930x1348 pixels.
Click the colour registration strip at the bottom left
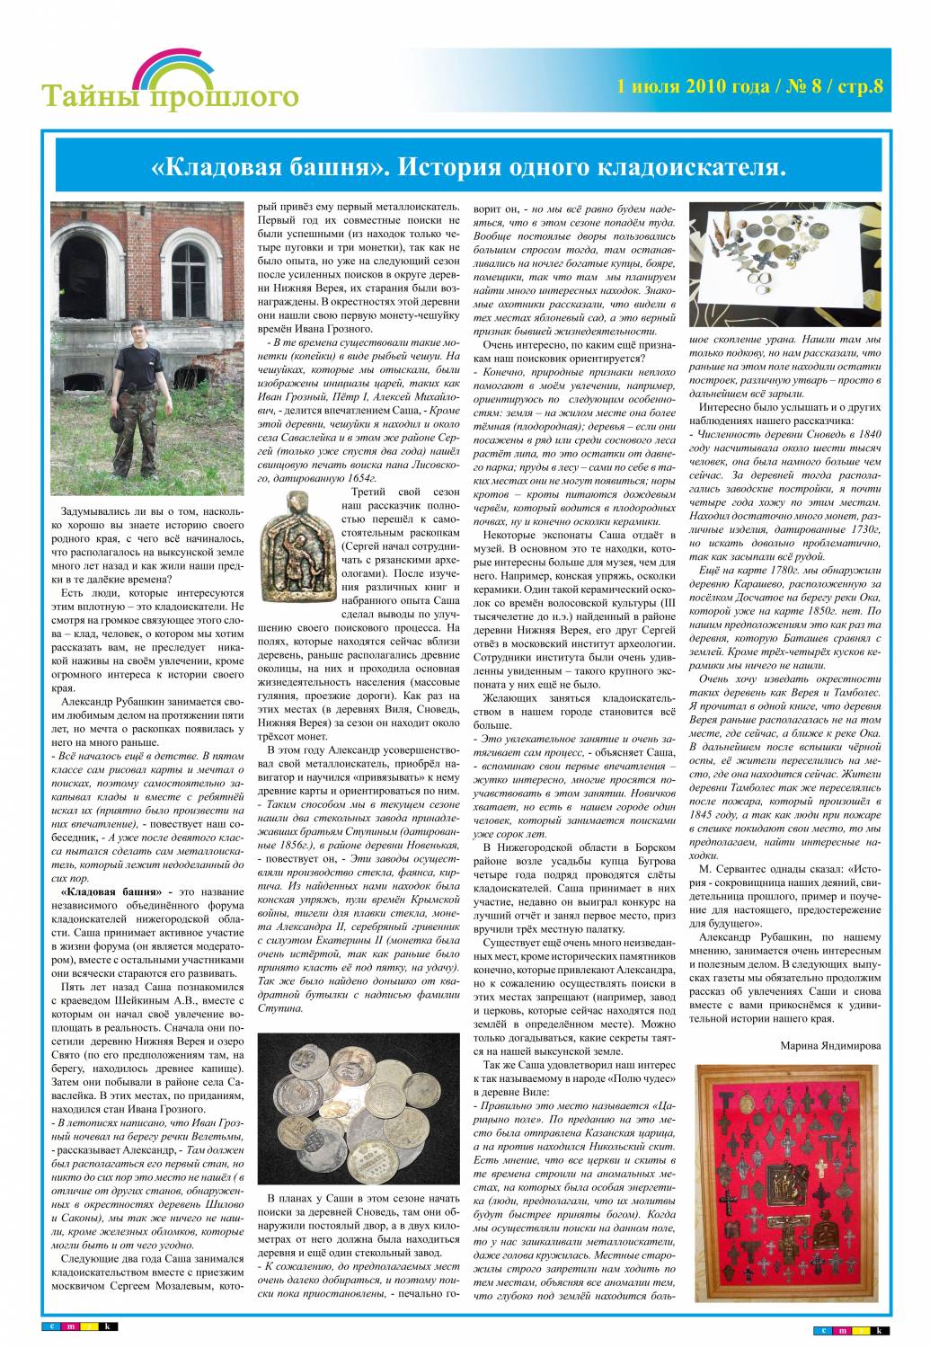80,1326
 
